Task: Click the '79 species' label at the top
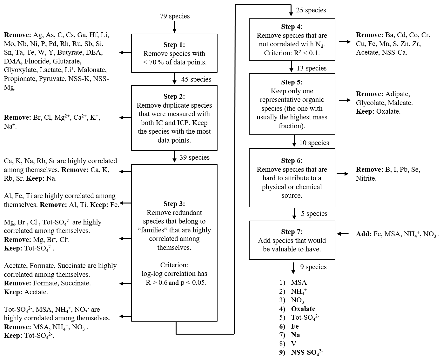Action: click(x=175, y=16)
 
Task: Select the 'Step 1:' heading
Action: click(x=174, y=45)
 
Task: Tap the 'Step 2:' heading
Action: click(x=174, y=97)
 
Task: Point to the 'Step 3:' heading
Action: click(x=174, y=204)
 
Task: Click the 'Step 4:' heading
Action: click(x=292, y=27)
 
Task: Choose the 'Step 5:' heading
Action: click(x=292, y=82)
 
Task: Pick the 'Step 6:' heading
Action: click(x=292, y=161)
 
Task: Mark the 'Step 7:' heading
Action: click(x=292, y=232)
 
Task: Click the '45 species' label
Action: click(x=196, y=79)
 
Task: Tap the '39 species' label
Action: click(x=194, y=157)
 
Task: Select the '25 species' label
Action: click(x=311, y=10)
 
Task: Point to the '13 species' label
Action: click(x=312, y=68)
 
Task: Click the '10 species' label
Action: click(x=314, y=143)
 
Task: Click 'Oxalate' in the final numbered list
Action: click(x=303, y=309)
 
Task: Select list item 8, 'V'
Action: click(x=294, y=344)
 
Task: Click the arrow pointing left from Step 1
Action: click(x=125, y=53)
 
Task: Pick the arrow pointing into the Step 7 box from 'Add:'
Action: click(x=343, y=234)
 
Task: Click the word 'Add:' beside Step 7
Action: click(x=364, y=234)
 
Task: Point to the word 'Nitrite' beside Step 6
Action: click(x=366, y=178)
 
